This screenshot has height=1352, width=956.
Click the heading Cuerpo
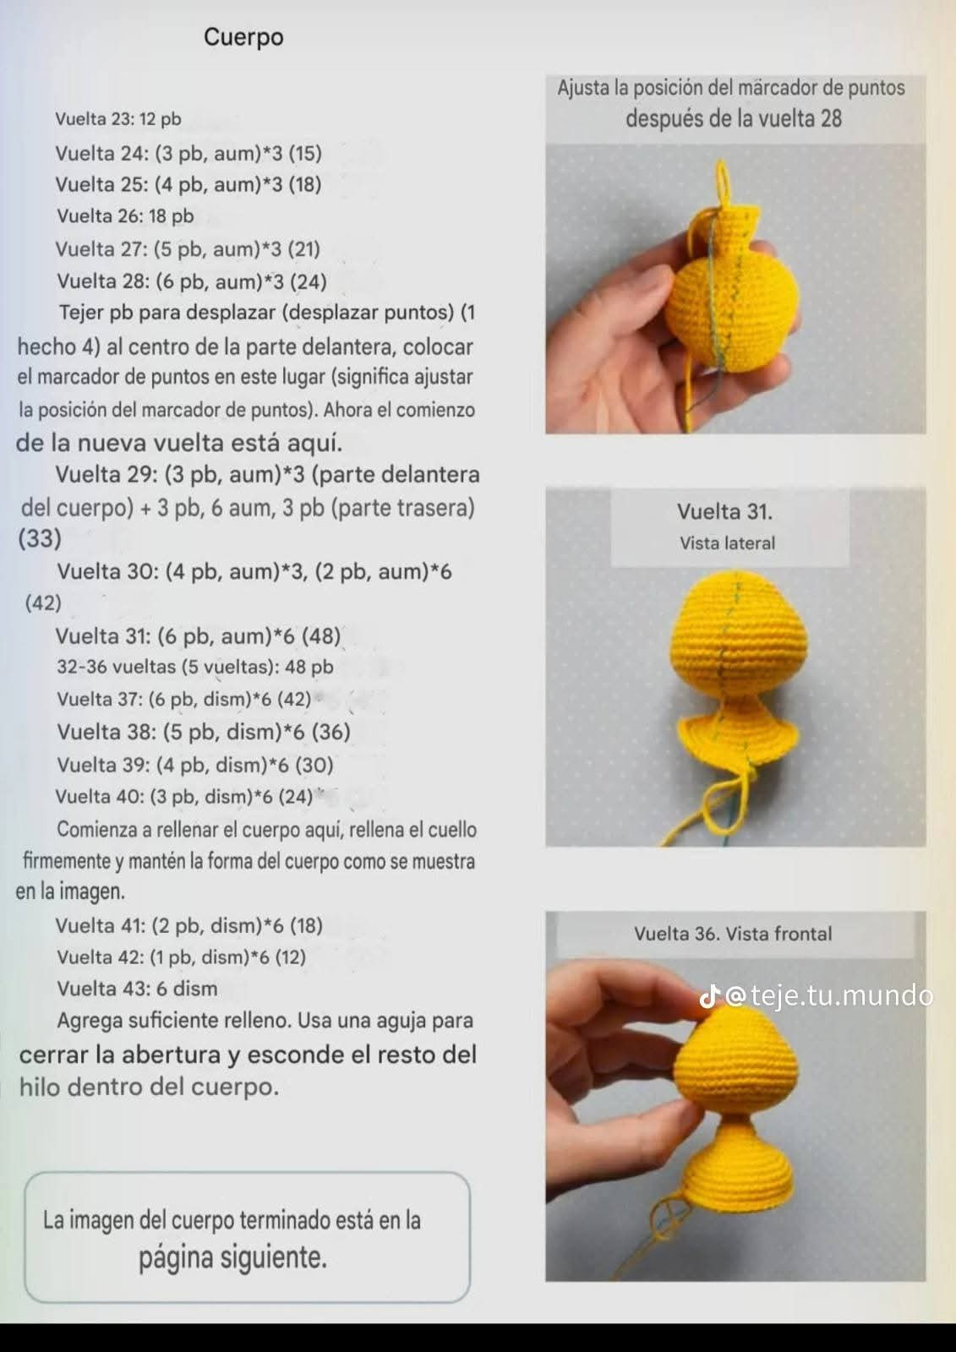point(243,37)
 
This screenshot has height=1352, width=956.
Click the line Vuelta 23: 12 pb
point(117,119)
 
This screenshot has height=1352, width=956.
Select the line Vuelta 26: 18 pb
point(125,216)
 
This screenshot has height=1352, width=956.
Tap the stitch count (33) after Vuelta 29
point(40,538)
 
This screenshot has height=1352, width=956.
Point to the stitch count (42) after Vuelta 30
point(43,602)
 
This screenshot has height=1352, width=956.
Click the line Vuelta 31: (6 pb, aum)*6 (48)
point(198,635)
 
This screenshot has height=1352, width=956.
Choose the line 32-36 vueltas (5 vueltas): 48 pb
point(194,667)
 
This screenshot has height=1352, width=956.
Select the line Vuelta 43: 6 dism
point(137,989)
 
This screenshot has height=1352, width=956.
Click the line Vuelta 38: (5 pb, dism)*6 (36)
point(203,732)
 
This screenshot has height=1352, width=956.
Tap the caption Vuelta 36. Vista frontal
point(732,934)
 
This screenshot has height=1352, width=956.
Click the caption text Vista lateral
point(727,543)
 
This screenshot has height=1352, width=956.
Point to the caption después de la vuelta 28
point(733,119)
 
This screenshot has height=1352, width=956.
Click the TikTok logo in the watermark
point(709,997)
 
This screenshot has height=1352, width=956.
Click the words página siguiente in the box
point(232,1257)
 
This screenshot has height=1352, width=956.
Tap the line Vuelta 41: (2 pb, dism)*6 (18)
point(188,925)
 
